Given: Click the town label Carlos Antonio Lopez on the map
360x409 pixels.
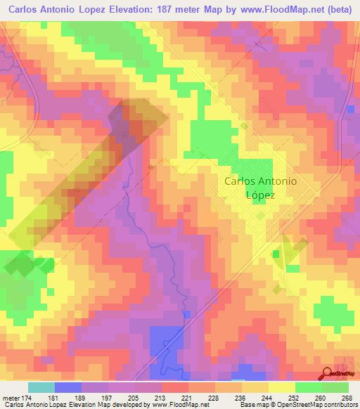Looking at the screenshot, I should [259, 188].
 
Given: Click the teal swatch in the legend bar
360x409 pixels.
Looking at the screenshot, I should [41, 387].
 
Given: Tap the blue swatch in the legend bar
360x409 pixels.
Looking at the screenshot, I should [68, 387].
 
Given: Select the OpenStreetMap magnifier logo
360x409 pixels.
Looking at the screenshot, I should [327, 373].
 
